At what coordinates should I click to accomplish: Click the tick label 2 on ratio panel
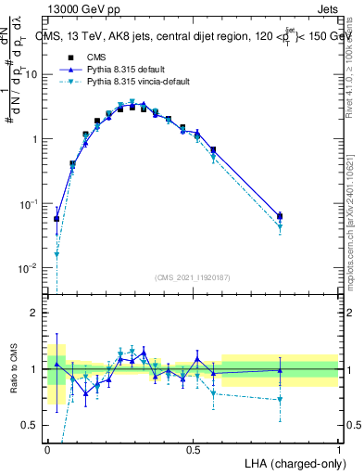pyautogui.click(x=35, y=313)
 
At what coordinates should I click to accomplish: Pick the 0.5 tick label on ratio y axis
pyautogui.click(x=31, y=426)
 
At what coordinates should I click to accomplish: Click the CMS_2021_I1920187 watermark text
pyautogui.click(x=193, y=276)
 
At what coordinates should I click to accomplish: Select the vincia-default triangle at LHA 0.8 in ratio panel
pyautogui.click(x=280, y=400)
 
